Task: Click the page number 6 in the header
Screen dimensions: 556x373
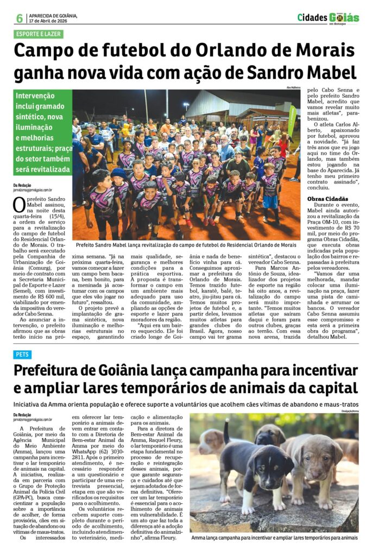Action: coord(20,18)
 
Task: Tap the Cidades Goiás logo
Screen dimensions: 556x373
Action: coord(327,18)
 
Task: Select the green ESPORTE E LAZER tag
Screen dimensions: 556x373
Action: coord(39,34)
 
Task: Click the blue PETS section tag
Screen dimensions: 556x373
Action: coord(23,355)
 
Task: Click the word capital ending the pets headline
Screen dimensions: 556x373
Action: coord(330,389)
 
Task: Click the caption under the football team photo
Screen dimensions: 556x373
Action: coord(186,245)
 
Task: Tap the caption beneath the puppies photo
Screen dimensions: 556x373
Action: coord(273,538)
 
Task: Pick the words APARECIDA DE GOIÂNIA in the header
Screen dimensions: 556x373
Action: coord(53,15)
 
